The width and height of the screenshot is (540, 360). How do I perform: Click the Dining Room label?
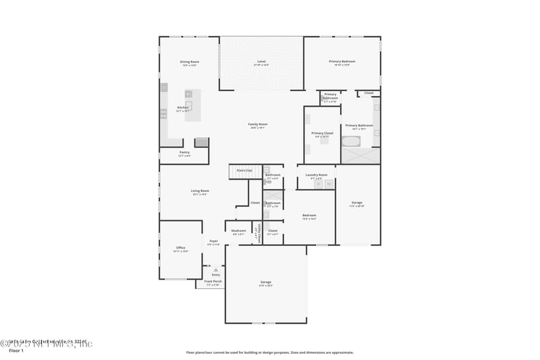click(190, 62)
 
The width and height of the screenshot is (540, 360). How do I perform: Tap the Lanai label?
click(261, 62)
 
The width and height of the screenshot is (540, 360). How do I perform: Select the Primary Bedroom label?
click(342, 62)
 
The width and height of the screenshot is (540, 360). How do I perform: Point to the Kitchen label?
click(183, 108)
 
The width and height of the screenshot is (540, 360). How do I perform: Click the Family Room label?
click(258, 124)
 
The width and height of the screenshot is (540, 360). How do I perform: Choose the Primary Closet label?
click(322, 134)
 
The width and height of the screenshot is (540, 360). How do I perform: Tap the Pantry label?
click(184, 153)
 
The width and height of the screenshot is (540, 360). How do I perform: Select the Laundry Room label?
click(316, 175)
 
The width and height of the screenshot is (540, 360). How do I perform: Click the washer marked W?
click(329, 184)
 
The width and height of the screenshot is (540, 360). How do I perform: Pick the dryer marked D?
click(319, 184)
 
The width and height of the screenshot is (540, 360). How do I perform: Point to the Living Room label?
click(200, 191)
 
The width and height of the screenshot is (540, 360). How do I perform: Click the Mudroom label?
click(239, 231)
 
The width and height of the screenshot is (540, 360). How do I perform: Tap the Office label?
click(181, 248)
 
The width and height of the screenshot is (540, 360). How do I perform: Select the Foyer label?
click(213, 241)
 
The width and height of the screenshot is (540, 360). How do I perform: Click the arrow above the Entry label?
click(216, 269)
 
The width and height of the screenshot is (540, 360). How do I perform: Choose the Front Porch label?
click(213, 281)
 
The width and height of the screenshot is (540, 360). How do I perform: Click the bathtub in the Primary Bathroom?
click(352, 142)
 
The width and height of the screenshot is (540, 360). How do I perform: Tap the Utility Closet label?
click(259, 233)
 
